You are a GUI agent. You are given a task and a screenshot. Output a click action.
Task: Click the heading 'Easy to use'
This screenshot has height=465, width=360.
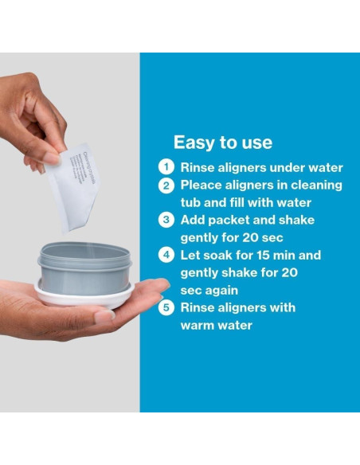point(222,143)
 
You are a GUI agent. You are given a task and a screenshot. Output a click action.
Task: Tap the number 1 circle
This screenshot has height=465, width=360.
point(166,167)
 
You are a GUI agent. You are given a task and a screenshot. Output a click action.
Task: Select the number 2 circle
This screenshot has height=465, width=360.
point(166,186)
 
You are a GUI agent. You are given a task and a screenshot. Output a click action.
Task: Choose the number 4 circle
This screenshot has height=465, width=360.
point(166,256)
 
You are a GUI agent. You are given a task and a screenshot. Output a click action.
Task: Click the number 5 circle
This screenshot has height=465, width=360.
point(166,307)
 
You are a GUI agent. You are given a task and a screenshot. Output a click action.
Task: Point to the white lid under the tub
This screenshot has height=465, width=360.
point(84,299)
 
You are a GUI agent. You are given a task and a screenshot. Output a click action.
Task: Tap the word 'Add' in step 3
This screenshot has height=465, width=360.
point(194,221)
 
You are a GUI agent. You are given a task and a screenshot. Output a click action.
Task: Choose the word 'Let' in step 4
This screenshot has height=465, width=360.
point(192,256)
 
